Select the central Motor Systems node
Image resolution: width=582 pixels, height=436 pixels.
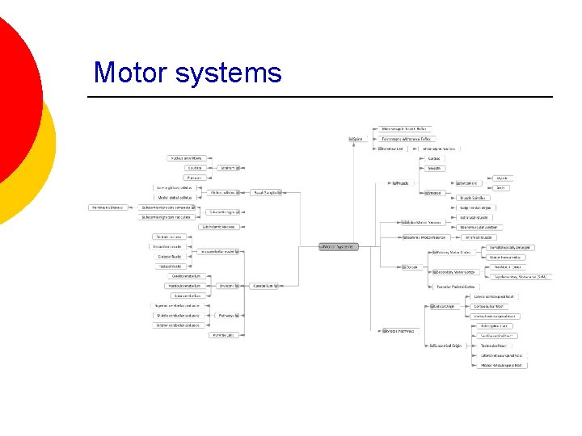pos(338,246)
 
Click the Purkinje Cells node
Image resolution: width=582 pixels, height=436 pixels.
pos(223,334)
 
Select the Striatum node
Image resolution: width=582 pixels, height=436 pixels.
pos(229,168)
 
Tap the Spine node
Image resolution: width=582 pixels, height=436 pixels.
pos(356,139)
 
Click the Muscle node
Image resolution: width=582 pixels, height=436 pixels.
pos(401,182)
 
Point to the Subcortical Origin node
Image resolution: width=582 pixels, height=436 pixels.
pos(446,346)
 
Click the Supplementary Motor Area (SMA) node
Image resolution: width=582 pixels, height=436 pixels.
pos(521,277)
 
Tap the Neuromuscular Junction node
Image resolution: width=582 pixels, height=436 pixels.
pos(481,227)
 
